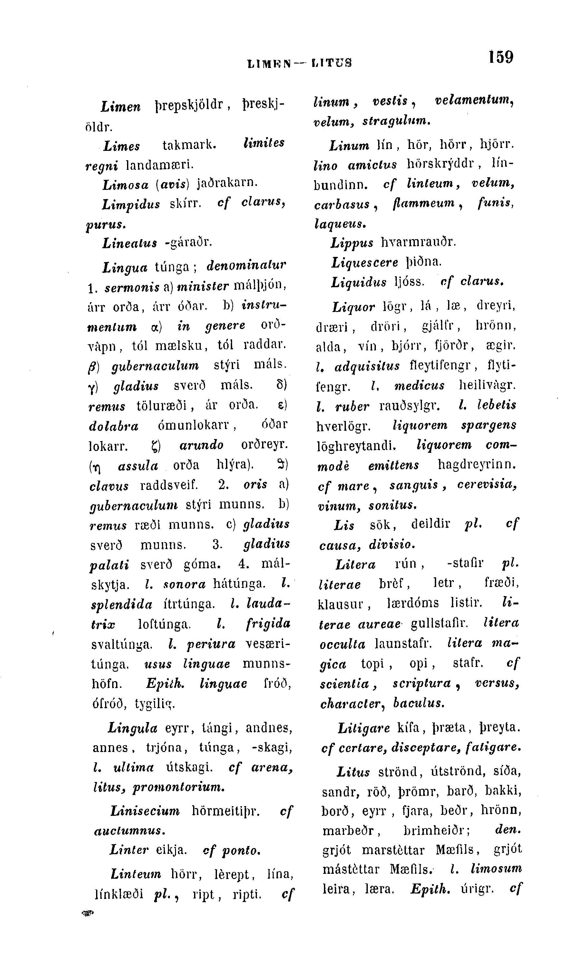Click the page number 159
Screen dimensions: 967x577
pos(501,57)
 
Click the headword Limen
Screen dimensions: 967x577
pos(121,106)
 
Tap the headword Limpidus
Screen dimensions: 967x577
pos(131,204)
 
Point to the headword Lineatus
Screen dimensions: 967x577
pos(130,243)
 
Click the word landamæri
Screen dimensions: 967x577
pos(160,165)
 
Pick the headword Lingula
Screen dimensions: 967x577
pos(132,727)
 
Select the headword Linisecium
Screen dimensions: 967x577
pos(145,811)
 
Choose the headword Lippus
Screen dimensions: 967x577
pos(352,243)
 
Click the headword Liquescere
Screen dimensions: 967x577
pos(365,263)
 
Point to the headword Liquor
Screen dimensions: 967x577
pos(353,307)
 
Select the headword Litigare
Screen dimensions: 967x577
pos(364,728)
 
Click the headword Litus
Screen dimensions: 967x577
pos(353,771)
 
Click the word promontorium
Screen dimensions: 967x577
pos(179,788)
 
